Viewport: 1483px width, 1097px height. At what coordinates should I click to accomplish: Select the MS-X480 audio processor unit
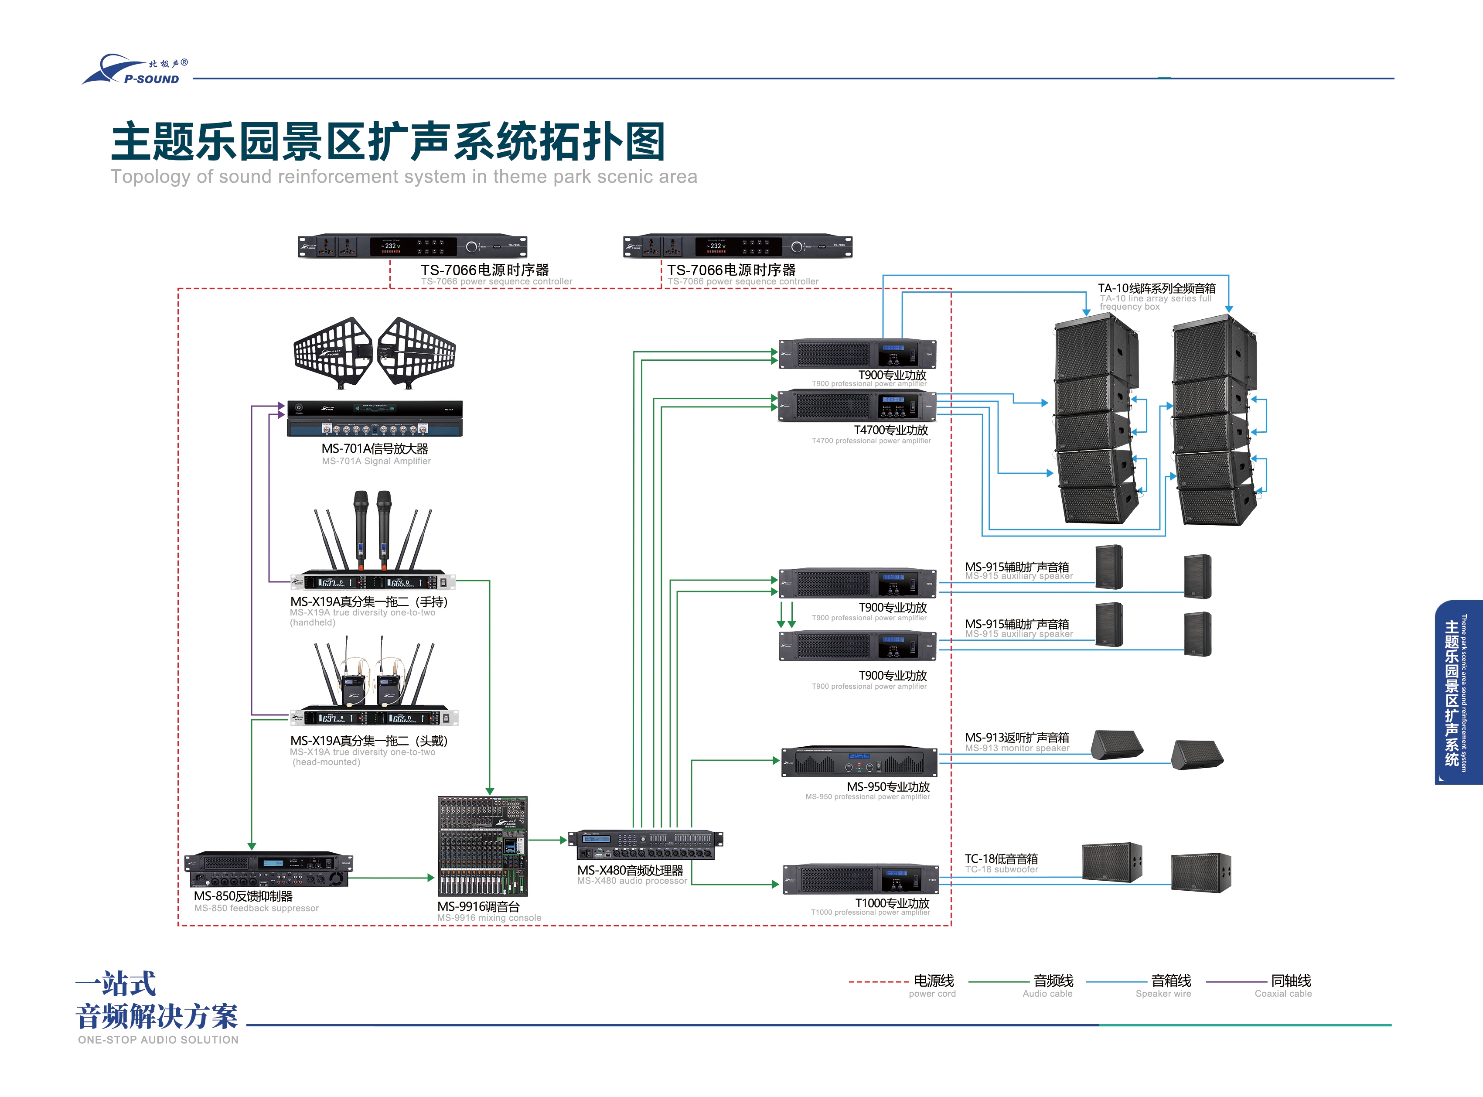(645, 844)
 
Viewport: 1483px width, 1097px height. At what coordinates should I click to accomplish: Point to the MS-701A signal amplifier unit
(375, 418)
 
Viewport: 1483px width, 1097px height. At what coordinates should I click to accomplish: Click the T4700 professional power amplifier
(856, 406)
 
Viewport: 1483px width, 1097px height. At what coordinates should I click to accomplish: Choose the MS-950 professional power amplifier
(859, 762)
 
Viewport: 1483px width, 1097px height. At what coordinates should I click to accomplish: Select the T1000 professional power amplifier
(860, 879)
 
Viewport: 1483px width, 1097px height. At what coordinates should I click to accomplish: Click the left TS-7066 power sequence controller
(412, 246)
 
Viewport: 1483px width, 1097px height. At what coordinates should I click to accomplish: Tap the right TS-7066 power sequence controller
(737, 246)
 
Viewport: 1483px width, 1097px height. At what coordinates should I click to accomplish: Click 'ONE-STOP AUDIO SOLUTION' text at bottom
(158, 1040)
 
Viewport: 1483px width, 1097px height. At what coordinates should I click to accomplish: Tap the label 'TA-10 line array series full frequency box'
(1156, 296)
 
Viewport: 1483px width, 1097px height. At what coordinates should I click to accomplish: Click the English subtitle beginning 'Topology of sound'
(404, 177)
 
